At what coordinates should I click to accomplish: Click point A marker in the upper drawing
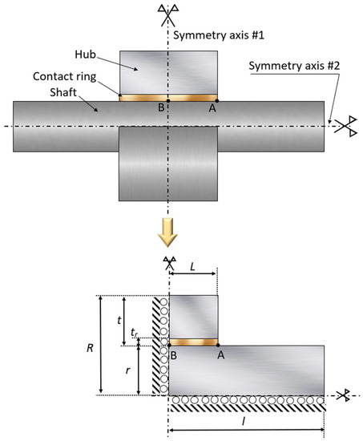tap(216, 100)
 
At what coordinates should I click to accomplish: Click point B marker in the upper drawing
tap(168, 100)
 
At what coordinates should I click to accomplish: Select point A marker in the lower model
tap(217, 344)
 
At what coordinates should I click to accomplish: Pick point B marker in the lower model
tap(169, 344)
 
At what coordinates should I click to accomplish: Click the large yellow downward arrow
tap(168, 233)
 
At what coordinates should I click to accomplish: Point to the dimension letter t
tap(119, 319)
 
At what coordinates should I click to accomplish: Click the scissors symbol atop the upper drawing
tap(168, 13)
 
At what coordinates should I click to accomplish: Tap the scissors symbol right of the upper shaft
tap(346, 126)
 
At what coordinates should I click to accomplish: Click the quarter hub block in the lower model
tap(193, 316)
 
